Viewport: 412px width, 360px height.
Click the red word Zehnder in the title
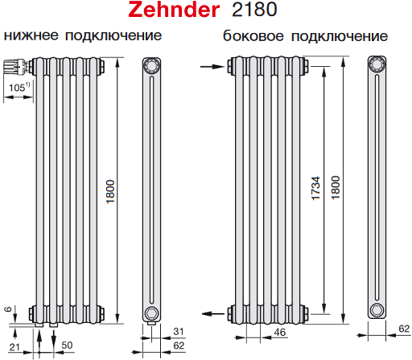(174, 10)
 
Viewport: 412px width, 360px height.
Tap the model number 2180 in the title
(254, 10)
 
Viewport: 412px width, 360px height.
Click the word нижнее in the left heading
(31, 35)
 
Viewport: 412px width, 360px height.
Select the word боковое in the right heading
(253, 35)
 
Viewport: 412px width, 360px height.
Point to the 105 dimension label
(17, 88)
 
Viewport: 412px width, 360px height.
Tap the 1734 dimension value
(315, 188)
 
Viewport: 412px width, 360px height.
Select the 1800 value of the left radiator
(110, 192)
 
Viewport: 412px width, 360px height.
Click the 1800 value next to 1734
(336, 188)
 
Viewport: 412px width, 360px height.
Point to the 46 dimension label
(280, 333)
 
